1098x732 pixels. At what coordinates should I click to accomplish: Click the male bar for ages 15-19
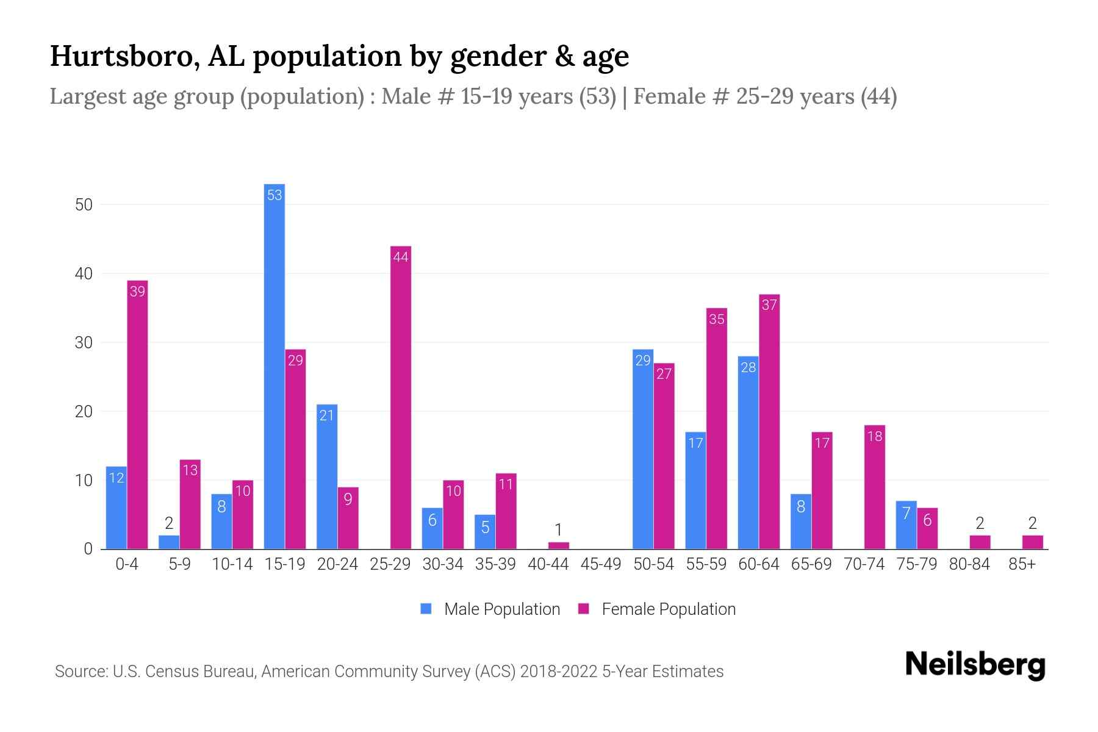pyautogui.click(x=274, y=366)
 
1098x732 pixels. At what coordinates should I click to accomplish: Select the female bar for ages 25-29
pyautogui.click(x=401, y=396)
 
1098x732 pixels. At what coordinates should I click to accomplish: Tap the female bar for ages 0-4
pyautogui.click(x=137, y=415)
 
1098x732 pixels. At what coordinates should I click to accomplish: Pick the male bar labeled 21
pyautogui.click(x=327, y=476)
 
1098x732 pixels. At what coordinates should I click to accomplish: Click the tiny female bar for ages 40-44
pyautogui.click(x=558, y=545)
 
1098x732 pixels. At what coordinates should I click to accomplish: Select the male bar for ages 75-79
pyautogui.click(x=906, y=525)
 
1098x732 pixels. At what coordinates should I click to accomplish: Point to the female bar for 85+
pyautogui.click(x=1032, y=542)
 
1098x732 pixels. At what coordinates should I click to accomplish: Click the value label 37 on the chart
pyautogui.click(x=769, y=305)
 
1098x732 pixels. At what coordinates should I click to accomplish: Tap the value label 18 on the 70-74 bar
pyautogui.click(x=874, y=436)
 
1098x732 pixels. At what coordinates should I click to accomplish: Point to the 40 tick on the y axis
pyautogui.click(x=84, y=274)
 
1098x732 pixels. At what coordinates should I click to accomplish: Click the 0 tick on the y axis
pyautogui.click(x=88, y=549)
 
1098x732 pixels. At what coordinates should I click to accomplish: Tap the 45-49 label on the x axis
pyautogui.click(x=600, y=564)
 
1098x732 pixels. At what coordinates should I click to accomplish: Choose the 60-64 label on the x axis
pyautogui.click(x=758, y=564)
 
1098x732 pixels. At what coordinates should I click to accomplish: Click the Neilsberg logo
pyautogui.click(x=975, y=664)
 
